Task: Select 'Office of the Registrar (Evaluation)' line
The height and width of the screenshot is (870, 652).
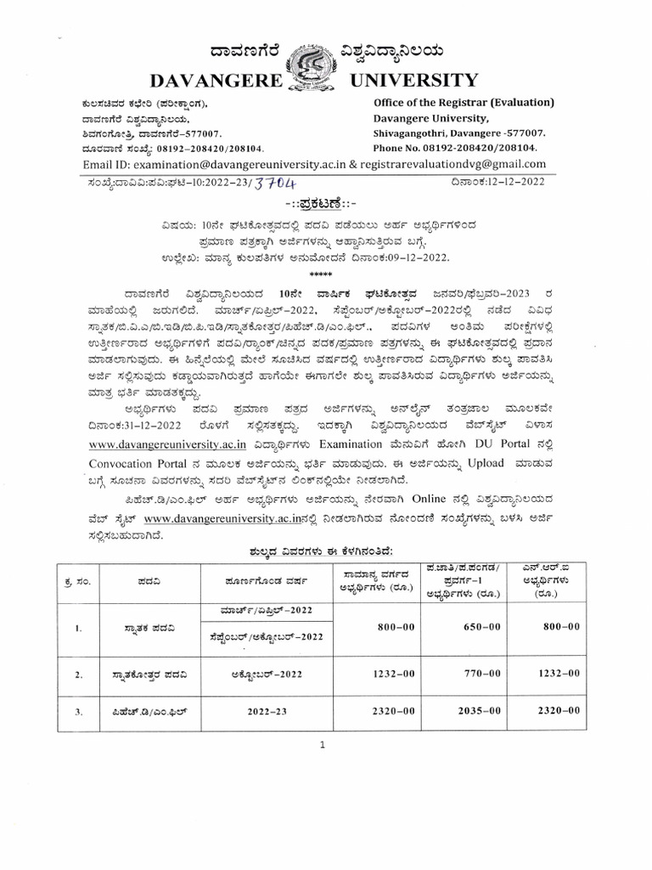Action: click(x=464, y=103)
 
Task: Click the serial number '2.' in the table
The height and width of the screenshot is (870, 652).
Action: click(x=78, y=674)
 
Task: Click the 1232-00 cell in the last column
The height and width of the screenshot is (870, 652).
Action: click(x=559, y=673)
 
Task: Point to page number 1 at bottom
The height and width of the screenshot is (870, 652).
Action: click(x=323, y=745)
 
